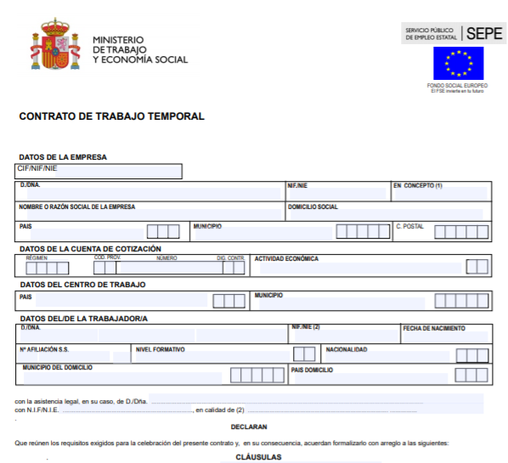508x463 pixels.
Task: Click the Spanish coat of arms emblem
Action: click(52, 44)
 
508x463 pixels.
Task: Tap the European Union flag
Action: click(458, 63)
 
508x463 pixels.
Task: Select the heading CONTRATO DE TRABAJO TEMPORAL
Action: click(111, 116)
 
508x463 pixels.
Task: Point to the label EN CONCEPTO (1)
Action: click(418, 185)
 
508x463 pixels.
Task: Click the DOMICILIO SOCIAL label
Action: click(313, 206)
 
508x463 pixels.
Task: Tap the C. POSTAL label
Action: click(409, 227)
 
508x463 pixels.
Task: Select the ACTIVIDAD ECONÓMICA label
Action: click(286, 257)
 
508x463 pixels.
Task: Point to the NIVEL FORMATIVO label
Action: click(160, 348)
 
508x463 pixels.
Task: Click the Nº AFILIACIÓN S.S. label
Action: click(44, 348)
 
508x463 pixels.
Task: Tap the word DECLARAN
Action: click(249, 426)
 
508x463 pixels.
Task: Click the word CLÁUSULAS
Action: click(258, 457)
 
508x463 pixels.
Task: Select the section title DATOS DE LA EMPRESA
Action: click(63, 157)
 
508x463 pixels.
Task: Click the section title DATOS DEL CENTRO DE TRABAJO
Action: click(82, 285)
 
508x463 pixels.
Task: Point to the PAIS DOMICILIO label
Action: click(312, 370)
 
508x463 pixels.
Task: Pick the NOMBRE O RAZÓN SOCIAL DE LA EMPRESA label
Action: click(76, 206)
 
